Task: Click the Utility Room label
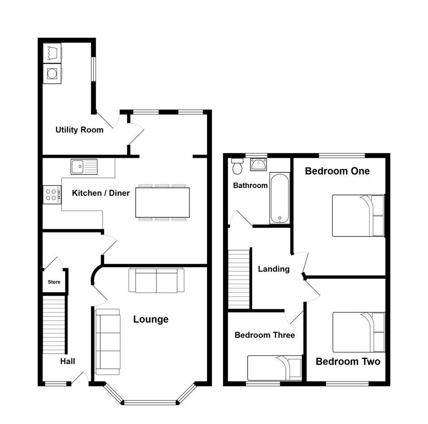click(79, 130)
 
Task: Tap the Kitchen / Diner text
click(101, 193)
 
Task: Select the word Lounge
click(151, 319)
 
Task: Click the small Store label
click(54, 282)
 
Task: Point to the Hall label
click(67, 361)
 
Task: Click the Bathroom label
click(250, 185)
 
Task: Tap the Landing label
click(274, 269)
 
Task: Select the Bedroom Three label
click(265, 335)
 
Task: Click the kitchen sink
click(84, 166)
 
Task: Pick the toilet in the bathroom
click(237, 166)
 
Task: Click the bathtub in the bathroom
click(279, 198)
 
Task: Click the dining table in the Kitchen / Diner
click(162, 202)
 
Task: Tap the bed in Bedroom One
click(358, 216)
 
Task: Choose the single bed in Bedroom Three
click(275, 367)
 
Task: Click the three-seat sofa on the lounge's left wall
click(108, 341)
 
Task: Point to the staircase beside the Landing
click(239, 278)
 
